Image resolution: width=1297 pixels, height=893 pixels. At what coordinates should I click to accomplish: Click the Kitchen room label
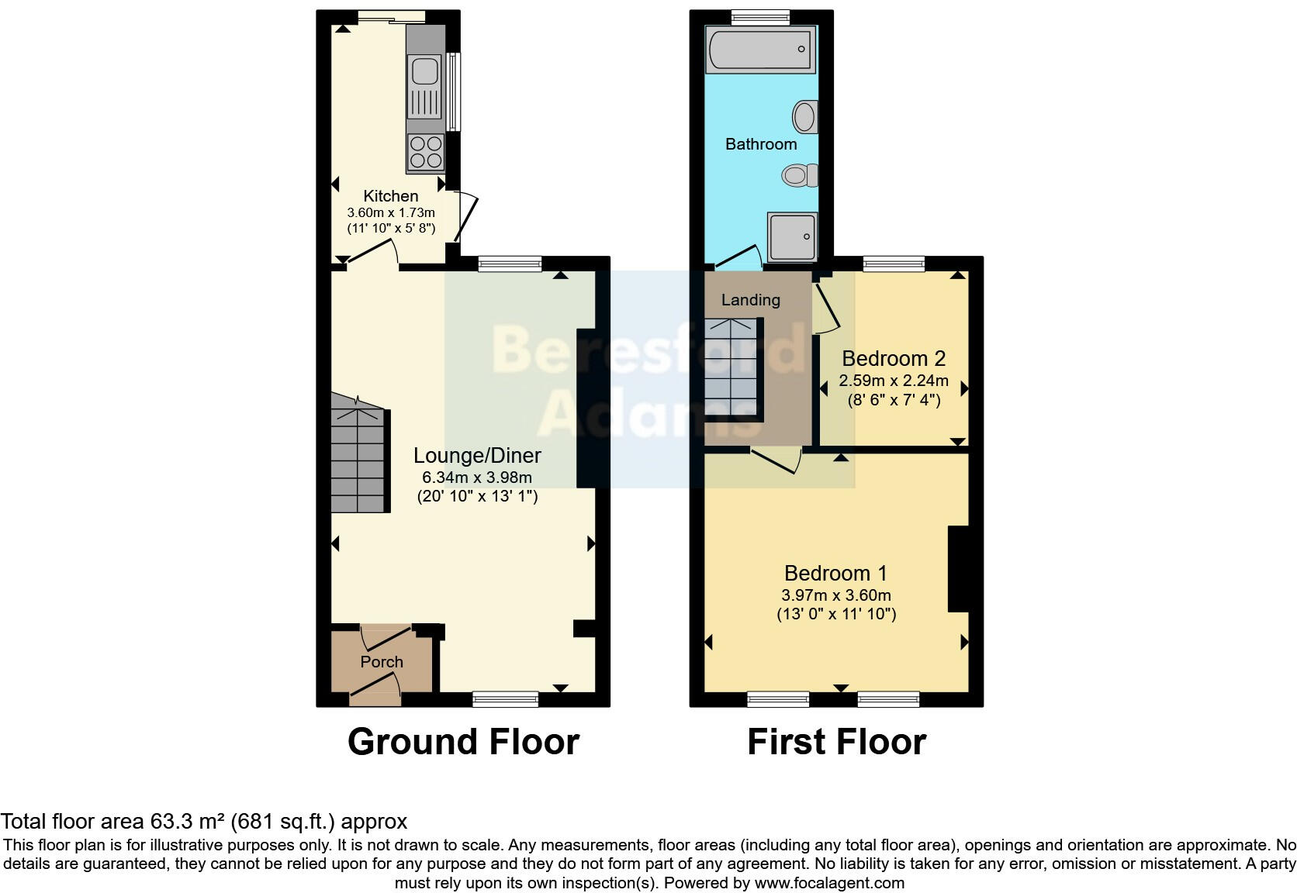[390, 196]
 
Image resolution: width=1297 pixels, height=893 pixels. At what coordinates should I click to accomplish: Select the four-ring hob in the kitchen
[425, 152]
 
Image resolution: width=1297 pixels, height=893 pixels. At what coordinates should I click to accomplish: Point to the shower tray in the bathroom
[791, 236]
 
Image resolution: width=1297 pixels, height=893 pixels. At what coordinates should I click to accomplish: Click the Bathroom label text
[760, 144]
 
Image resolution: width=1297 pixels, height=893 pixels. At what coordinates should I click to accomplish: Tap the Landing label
[750, 300]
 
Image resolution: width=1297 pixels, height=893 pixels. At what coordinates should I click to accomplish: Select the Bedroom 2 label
[893, 359]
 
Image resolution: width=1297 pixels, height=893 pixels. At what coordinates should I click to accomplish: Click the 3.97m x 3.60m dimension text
[835, 595]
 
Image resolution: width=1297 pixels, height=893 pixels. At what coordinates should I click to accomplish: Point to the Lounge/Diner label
[477, 456]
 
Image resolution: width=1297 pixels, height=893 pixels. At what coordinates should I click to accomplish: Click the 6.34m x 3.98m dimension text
[477, 478]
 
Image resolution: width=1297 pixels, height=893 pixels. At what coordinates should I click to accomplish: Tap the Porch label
[381, 662]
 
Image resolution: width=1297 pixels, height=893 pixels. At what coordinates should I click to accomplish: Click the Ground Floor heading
[463, 742]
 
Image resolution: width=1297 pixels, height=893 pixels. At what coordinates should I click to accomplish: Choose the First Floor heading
[836, 742]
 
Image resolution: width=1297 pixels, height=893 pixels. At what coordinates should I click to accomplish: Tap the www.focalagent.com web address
[829, 883]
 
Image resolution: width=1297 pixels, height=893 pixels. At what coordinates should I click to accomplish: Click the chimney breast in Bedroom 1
[959, 569]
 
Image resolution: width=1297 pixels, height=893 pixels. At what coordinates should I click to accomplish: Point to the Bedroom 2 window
[894, 264]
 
